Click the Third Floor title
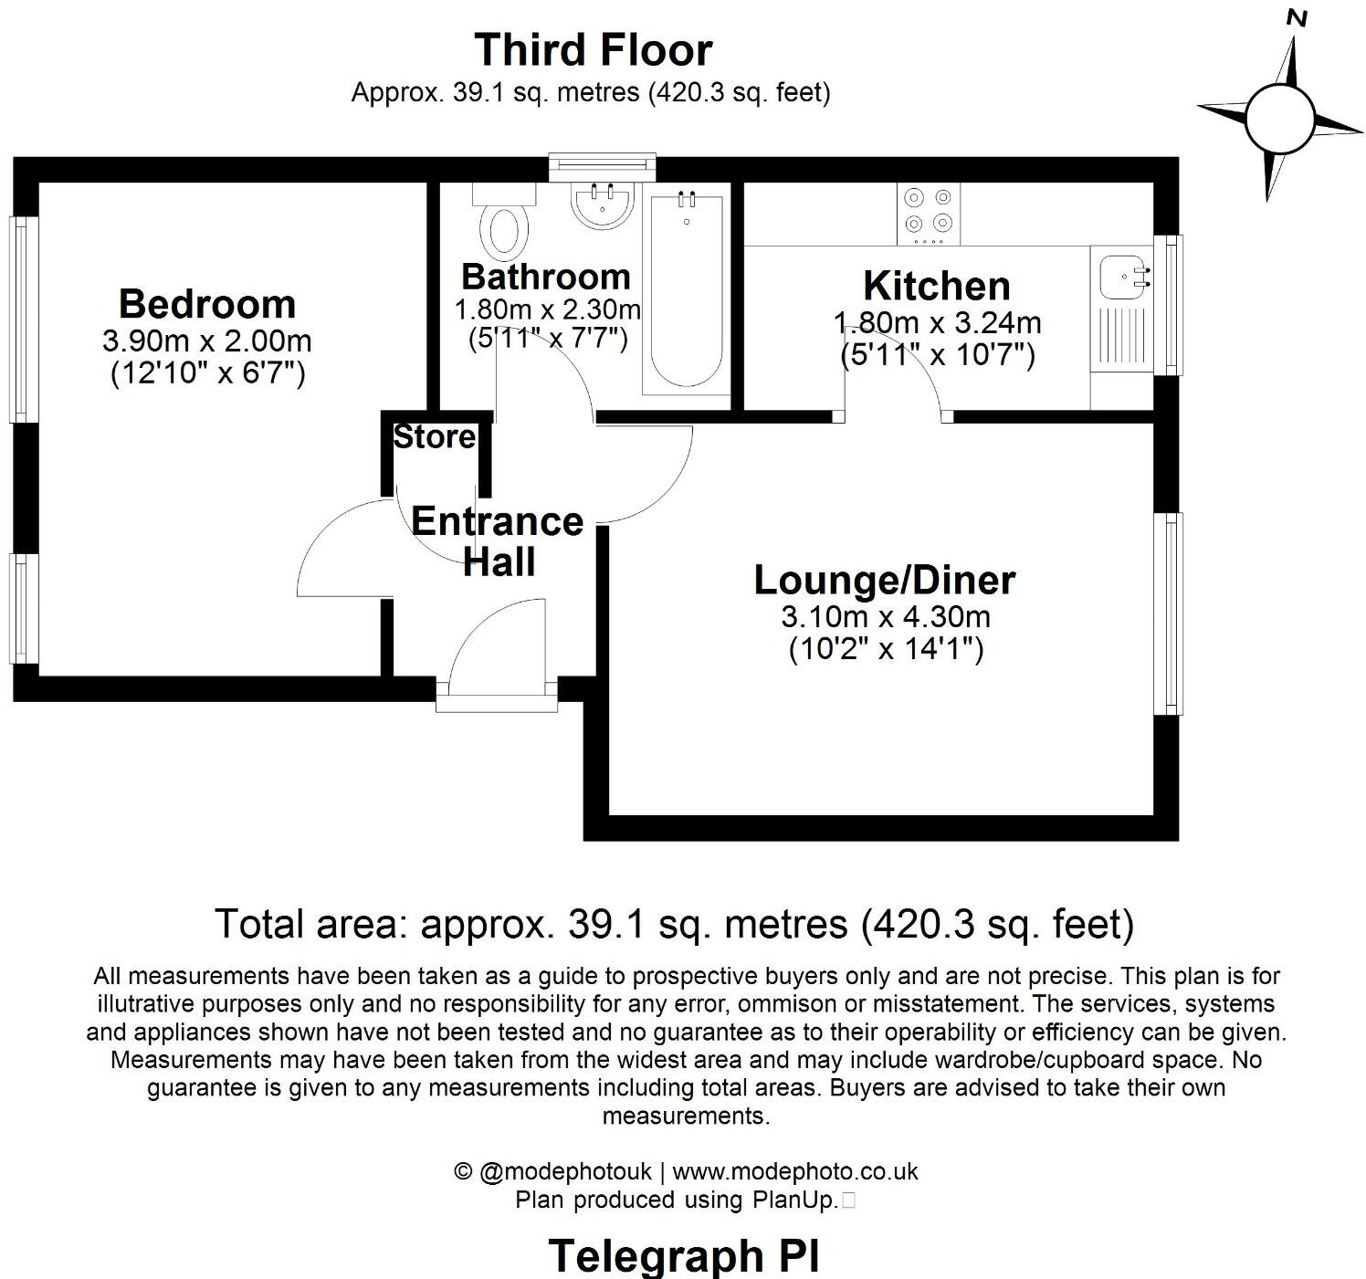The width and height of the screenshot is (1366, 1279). pyautogui.click(x=593, y=49)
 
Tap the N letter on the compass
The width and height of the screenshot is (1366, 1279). pyautogui.click(x=1297, y=17)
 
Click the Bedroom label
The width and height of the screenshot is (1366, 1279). pyautogui.click(x=207, y=303)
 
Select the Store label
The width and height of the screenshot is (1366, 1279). pyautogui.click(x=435, y=437)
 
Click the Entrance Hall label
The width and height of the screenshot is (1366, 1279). pyautogui.click(x=498, y=540)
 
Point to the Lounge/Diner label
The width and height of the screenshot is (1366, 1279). pyautogui.click(x=884, y=580)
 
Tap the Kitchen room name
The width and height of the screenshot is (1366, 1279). pyautogui.click(x=937, y=286)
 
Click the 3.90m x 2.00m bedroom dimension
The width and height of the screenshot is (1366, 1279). pyautogui.click(x=207, y=341)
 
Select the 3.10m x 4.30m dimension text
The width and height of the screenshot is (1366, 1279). pyautogui.click(x=885, y=617)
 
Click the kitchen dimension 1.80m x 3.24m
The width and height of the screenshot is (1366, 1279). pyautogui.click(x=937, y=323)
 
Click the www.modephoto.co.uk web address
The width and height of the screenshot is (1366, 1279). pyautogui.click(x=794, y=1171)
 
